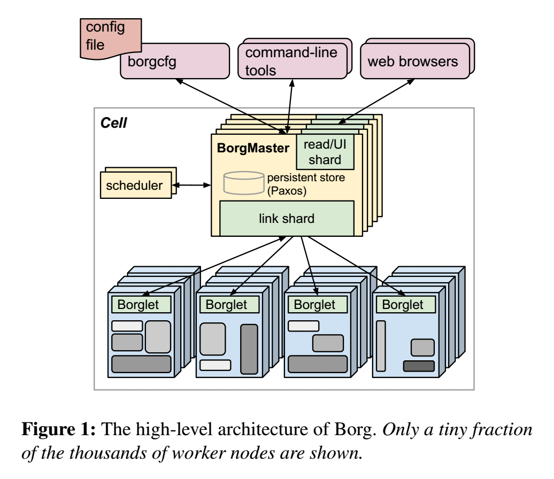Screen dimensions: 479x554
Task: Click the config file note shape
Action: (102, 34)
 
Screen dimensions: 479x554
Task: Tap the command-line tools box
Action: (291, 61)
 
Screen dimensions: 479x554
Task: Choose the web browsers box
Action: (412, 61)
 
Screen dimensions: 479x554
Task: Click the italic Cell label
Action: (114, 123)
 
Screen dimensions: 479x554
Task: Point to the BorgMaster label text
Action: (252, 148)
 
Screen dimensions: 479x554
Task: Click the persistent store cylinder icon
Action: (243, 183)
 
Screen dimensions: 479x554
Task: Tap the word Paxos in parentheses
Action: (287, 191)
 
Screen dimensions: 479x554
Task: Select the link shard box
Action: (287, 218)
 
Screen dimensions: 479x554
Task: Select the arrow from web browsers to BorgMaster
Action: (379, 100)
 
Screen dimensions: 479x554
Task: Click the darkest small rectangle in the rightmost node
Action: (419, 366)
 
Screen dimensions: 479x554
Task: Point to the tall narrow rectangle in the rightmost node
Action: (381, 345)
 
